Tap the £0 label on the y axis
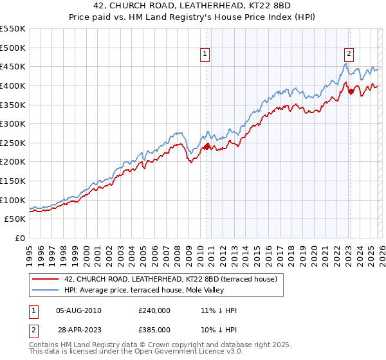[x=21, y=238]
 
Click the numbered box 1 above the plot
[x=205, y=55]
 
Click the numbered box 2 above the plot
[x=349, y=55]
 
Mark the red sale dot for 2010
[x=207, y=147]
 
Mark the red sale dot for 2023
[x=351, y=91]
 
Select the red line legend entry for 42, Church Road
[x=170, y=279]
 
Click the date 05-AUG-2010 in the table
[x=78, y=310]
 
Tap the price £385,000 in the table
[x=154, y=329]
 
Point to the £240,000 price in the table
[x=154, y=310]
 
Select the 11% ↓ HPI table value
[x=219, y=310]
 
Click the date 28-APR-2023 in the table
[x=78, y=329]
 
